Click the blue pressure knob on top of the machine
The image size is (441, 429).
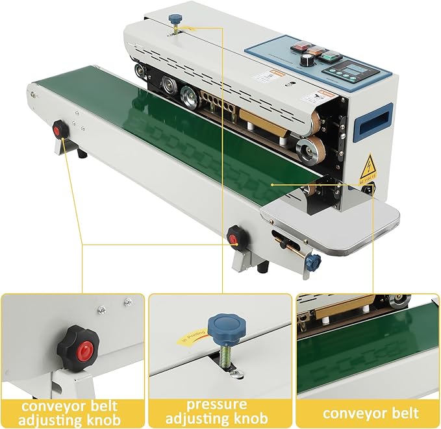coord(175,19)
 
